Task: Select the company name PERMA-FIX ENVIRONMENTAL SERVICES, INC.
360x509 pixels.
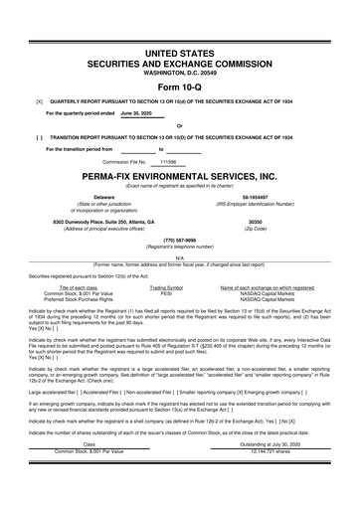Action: (x=179, y=175)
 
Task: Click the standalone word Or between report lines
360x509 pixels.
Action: (x=179, y=125)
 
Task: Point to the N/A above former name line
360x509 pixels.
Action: (x=179, y=256)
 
